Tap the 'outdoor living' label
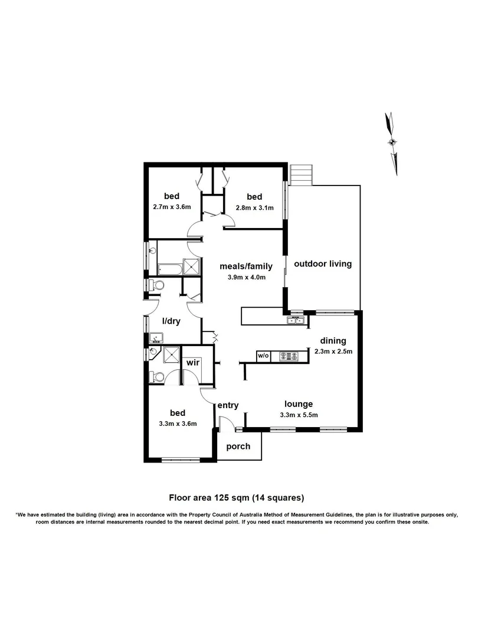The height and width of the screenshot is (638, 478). point(323,264)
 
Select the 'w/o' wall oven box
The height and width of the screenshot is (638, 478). point(263,356)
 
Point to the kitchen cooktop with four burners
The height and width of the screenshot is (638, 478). point(290,356)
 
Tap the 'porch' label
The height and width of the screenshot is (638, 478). point(238,446)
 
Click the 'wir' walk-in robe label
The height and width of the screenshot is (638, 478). point(192,362)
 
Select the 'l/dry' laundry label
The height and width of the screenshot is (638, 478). point(171,322)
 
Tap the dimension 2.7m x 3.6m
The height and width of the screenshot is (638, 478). point(172,207)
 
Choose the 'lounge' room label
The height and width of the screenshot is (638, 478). point(298,404)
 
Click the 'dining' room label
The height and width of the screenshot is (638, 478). point(333,341)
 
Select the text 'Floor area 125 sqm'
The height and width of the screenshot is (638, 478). point(207,497)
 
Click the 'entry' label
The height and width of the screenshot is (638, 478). point(228,405)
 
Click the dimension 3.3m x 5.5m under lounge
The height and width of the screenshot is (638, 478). point(299,415)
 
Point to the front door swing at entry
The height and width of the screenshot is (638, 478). point(225,424)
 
